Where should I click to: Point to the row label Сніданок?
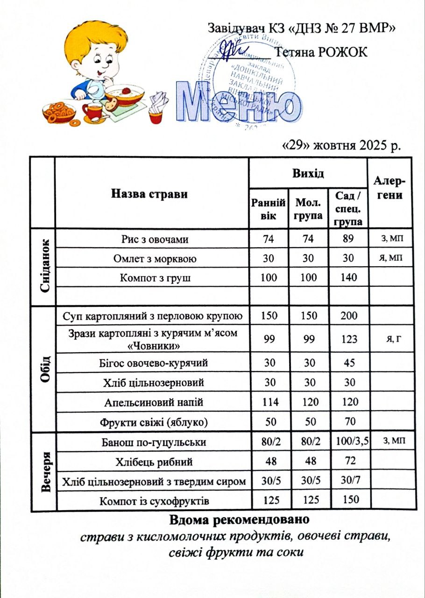tap(44, 266)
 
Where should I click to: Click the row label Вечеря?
tap(45, 472)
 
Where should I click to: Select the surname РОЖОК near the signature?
tap(343, 52)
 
